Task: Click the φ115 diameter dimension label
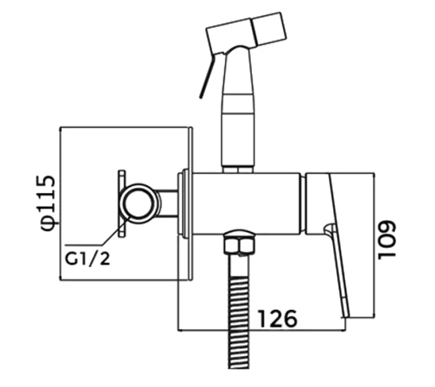tap(48, 203)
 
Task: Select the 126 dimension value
tap(277, 319)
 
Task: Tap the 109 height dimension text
tap(387, 241)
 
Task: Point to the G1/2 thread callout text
tap(88, 259)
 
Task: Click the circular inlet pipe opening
tap(139, 203)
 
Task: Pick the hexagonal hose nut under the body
tap(240, 244)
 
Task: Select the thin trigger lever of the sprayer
tap(208, 75)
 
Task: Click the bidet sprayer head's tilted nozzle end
tap(269, 28)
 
